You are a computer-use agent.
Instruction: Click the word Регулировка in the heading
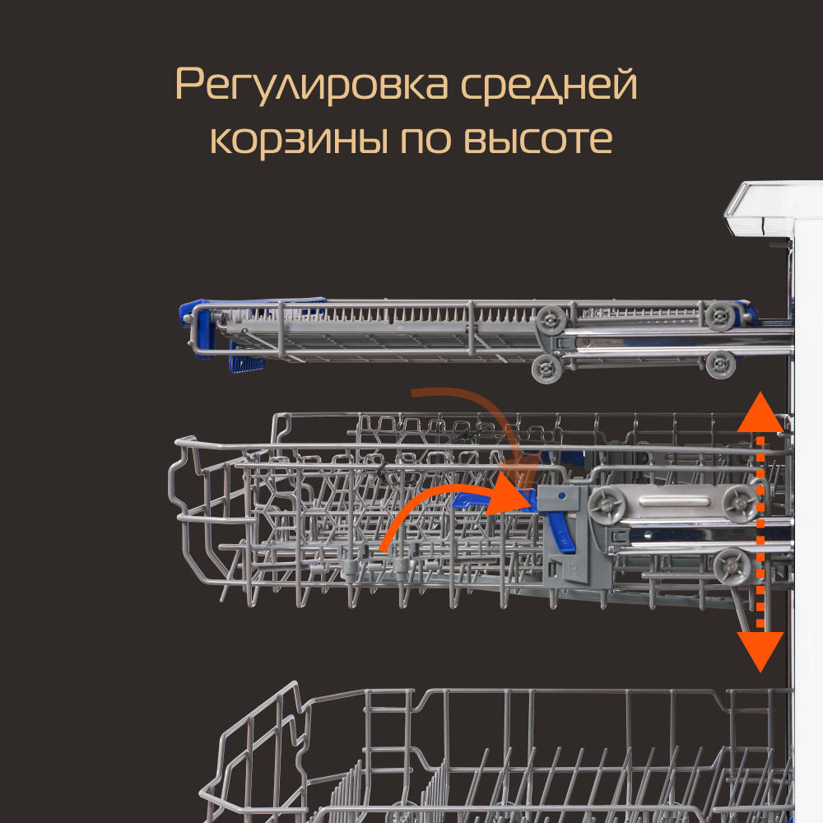pyautogui.click(x=312, y=85)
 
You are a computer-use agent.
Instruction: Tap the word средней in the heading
pyautogui.click(x=548, y=83)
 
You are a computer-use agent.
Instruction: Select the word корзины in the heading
pyautogui.click(x=300, y=140)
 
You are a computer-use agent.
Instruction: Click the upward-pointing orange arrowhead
pyautogui.click(x=760, y=415)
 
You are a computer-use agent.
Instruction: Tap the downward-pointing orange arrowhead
pyautogui.click(x=760, y=650)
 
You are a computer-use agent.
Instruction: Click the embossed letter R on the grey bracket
pyautogui.click(x=572, y=570)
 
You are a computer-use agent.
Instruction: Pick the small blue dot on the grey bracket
pyautogui.click(x=562, y=495)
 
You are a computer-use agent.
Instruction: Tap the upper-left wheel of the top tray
pyautogui.click(x=551, y=319)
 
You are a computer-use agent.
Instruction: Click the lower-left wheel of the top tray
pyautogui.click(x=547, y=368)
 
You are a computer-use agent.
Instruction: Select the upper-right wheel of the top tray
pyautogui.click(x=719, y=317)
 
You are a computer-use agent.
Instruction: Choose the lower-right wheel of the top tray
pyautogui.click(x=720, y=365)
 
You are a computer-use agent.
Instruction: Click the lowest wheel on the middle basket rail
pyautogui.click(x=732, y=566)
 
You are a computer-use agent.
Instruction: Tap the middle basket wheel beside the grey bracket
pyautogui.click(x=607, y=506)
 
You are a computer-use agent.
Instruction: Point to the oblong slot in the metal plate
pyautogui.click(x=675, y=501)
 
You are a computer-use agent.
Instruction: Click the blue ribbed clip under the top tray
pyautogui.click(x=245, y=363)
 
